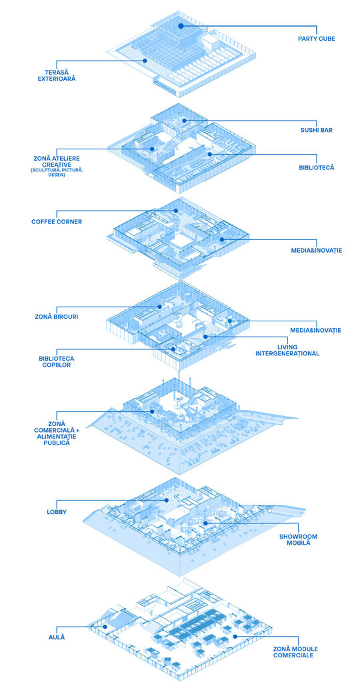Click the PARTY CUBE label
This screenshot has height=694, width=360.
[316, 39]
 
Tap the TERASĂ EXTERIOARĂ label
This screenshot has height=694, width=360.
[57, 75]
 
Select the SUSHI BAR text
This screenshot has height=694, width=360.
[316, 130]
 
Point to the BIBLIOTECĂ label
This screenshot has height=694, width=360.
[316, 168]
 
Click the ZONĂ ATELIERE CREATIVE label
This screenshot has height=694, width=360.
[57, 161]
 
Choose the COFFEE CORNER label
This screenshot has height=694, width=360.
[57, 222]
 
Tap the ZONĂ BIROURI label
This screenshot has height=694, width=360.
[57, 317]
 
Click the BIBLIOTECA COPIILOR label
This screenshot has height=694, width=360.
[57, 361]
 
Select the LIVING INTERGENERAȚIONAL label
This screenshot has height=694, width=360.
[287, 350]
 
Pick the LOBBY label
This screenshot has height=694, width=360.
[57, 512]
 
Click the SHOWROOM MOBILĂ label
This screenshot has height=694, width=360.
[298, 539]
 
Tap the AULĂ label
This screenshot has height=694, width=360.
[57, 637]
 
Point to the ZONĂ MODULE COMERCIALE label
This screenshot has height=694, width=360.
[295, 651]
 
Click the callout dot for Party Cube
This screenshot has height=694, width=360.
[181, 26]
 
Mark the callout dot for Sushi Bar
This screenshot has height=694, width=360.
[184, 121]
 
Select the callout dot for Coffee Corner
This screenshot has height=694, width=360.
[176, 211]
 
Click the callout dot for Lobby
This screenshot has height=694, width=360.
[167, 500]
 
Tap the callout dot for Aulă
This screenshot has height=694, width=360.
[105, 626]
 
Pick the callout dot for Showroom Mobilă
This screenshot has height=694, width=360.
[205, 523]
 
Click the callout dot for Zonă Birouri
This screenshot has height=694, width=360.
[159, 306]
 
